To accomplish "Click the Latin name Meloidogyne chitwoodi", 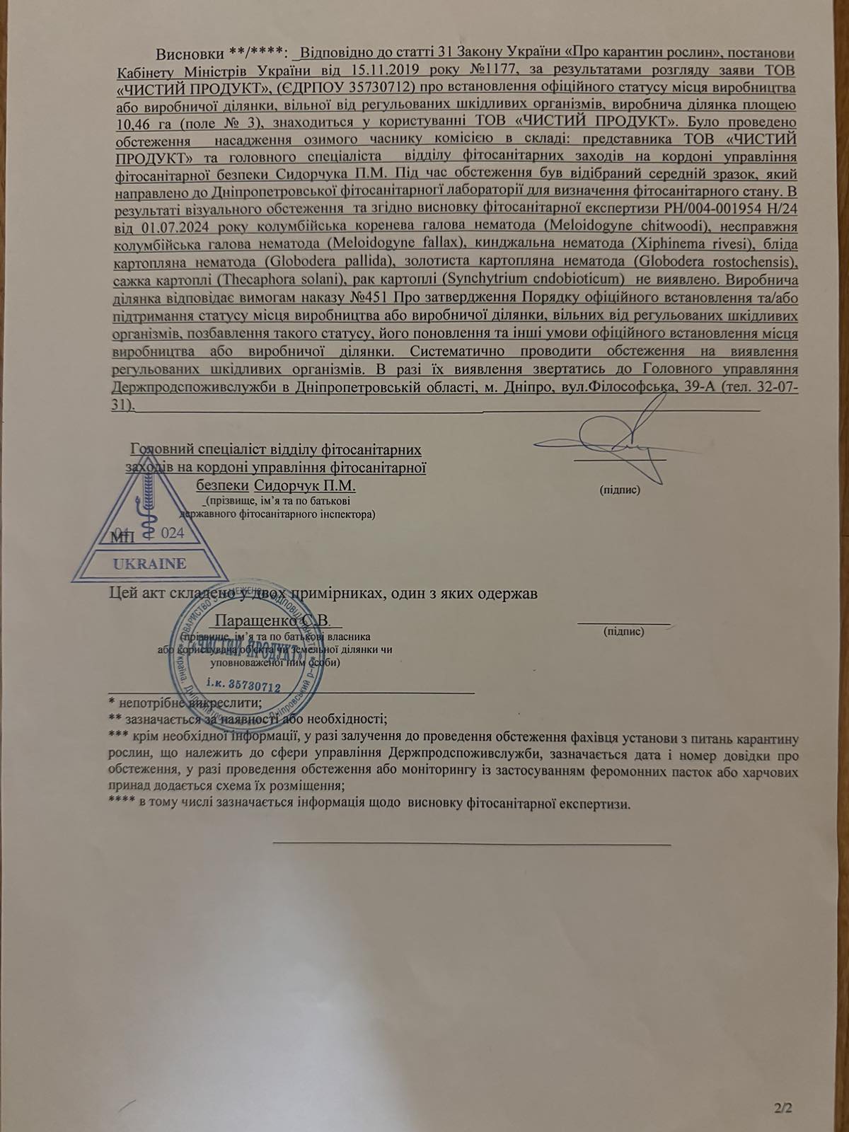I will tap(627, 226).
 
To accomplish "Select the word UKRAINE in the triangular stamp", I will tap(149, 564).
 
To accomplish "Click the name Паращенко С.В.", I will tap(272, 620).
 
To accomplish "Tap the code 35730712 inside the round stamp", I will tap(243, 685).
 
